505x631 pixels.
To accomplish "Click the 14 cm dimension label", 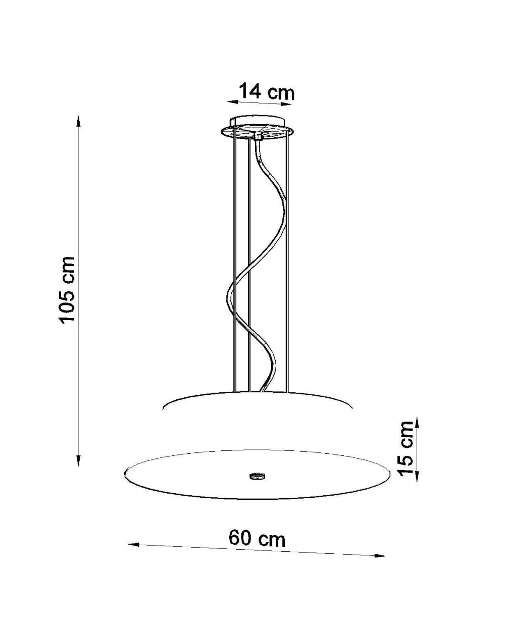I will point(266,92).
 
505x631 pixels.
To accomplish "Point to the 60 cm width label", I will point(257,538).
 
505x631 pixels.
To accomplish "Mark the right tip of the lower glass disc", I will point(390,475).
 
